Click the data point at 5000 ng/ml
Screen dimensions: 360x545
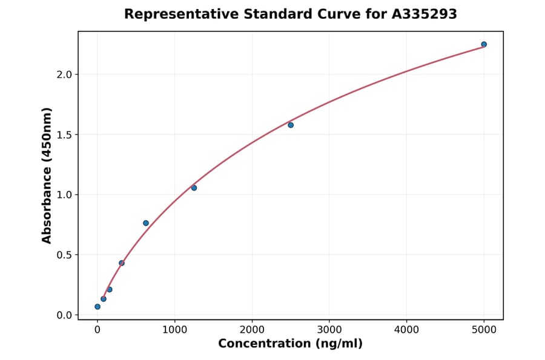pos(484,44)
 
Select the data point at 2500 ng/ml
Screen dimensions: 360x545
pos(291,125)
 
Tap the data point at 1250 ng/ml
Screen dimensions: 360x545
pos(194,188)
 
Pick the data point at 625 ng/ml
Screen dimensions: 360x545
pos(146,223)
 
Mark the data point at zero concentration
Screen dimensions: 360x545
pos(97,307)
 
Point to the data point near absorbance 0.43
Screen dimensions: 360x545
pos(122,263)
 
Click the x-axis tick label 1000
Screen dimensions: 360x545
pos(174,330)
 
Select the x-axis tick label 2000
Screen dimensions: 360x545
pos(252,330)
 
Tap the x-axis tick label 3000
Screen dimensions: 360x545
pos(329,330)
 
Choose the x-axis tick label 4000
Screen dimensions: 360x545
pos(406,330)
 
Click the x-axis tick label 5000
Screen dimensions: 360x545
pos(484,330)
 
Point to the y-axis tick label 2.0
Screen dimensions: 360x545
pos(65,75)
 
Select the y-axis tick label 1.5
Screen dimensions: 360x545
pos(65,135)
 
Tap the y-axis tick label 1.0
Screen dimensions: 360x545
pos(65,195)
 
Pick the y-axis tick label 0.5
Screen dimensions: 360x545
pos(65,255)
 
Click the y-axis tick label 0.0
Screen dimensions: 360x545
pos(65,315)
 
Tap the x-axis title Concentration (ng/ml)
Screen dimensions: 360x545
pos(291,344)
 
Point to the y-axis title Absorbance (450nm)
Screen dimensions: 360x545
pos(47,175)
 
